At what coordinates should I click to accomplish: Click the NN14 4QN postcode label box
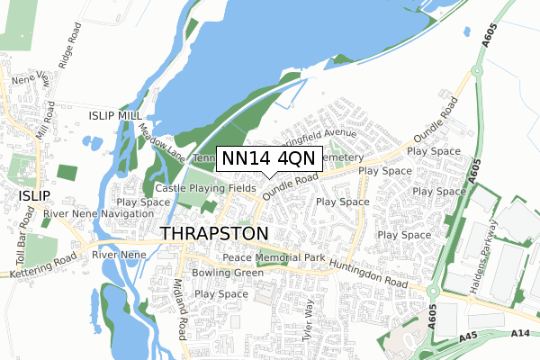tap(267, 158)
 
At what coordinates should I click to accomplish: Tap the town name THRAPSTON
tap(214, 233)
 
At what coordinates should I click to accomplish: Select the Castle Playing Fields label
tap(205, 188)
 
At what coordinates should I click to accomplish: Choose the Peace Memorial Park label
tap(268, 257)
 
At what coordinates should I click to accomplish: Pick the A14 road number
tap(519, 333)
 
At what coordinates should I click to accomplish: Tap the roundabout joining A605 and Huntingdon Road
tap(436, 292)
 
